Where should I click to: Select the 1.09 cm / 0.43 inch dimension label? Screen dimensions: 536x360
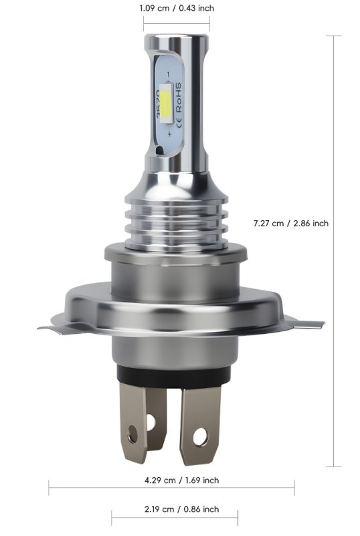177,8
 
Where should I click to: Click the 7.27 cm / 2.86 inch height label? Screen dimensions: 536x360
291,223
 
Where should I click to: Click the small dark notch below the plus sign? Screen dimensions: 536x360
159,151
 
